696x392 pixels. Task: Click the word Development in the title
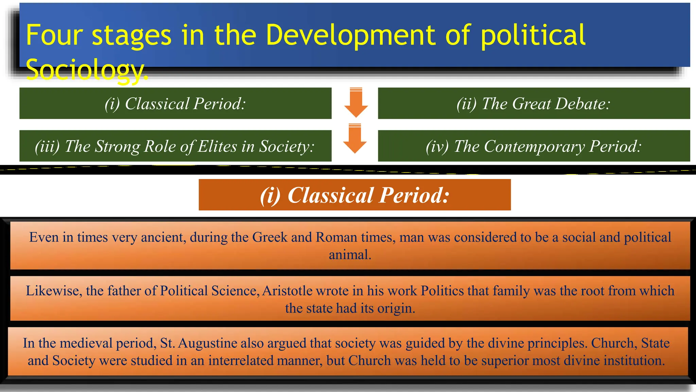click(350, 35)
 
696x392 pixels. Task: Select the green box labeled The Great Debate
click(534, 103)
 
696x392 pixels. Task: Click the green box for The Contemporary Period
click(534, 146)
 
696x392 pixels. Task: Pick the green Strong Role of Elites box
click(175, 146)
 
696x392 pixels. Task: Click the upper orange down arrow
click(356, 102)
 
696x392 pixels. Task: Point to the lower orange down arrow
click(355, 138)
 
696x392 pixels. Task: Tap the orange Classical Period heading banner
click(354, 195)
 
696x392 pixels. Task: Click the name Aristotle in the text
click(287, 291)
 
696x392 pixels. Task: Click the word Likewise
click(52, 291)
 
